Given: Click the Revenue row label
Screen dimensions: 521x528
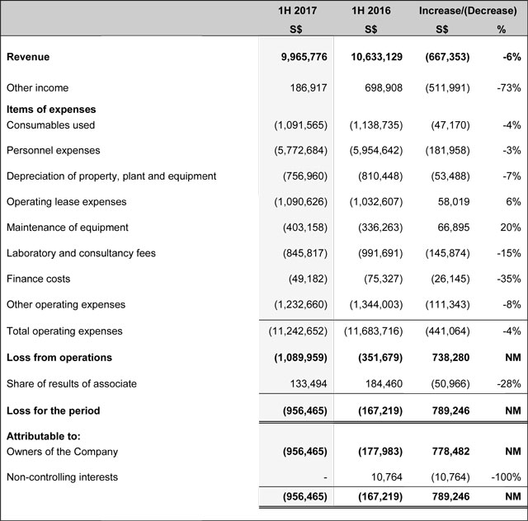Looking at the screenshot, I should [28, 57].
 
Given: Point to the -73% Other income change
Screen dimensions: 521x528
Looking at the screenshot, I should [508, 87].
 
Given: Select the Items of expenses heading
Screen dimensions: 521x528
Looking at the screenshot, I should [51, 109].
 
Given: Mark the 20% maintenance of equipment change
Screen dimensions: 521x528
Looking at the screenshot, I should [510, 228].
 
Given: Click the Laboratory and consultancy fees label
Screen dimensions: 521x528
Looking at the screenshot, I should [81, 253].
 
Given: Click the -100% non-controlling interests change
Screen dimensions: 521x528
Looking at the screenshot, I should [505, 476].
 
